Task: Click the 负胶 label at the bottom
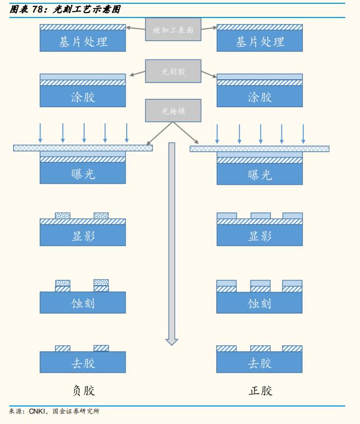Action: click(x=84, y=391)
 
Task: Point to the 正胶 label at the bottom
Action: click(x=259, y=391)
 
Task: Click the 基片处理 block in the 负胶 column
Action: click(x=83, y=42)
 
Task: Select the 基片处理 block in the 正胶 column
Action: click(x=259, y=42)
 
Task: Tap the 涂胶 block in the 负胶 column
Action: click(x=83, y=97)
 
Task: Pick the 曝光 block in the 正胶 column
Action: click(x=259, y=175)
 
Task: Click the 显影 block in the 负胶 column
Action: click(x=83, y=236)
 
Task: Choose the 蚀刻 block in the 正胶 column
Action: click(x=259, y=303)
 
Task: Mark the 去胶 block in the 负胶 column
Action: click(x=83, y=363)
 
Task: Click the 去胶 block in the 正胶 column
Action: click(x=259, y=363)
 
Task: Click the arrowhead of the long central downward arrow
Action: click(x=172, y=341)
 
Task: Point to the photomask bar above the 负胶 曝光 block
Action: click(x=83, y=148)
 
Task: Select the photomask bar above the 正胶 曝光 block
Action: click(x=259, y=149)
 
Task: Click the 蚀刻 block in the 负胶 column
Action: click(x=83, y=303)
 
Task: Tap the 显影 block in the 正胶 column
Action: click(x=259, y=236)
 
